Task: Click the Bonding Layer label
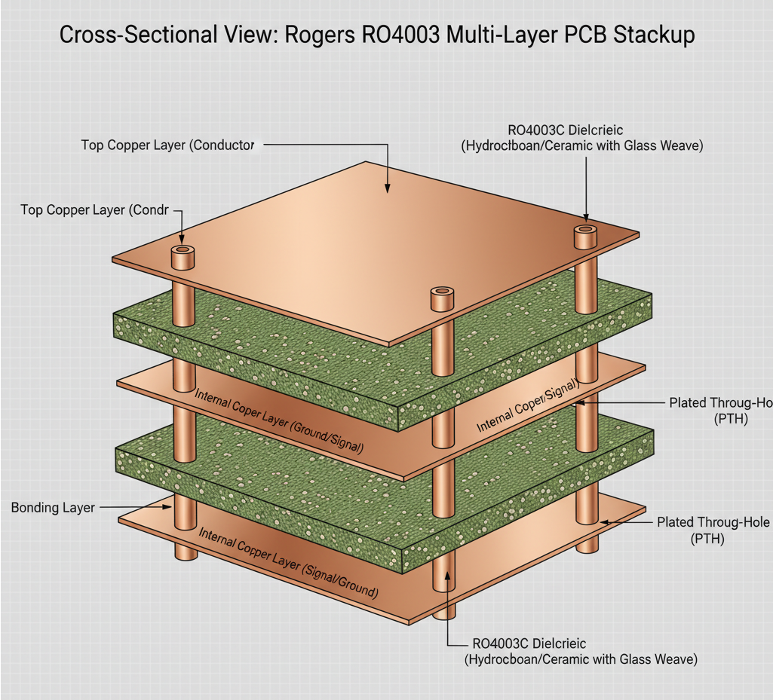(x=53, y=508)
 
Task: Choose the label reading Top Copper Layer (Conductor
(x=167, y=145)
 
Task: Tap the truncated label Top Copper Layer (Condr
(x=94, y=210)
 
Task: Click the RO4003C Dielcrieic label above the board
(x=560, y=130)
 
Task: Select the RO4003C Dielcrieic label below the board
(x=528, y=643)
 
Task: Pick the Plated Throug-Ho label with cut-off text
(x=719, y=403)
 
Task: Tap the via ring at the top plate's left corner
(x=182, y=249)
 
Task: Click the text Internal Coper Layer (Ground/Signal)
(x=278, y=420)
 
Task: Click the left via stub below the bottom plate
(x=185, y=551)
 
